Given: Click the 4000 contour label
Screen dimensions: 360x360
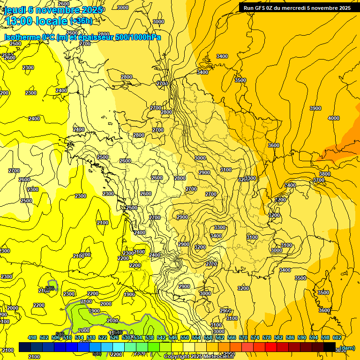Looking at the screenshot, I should [x=333, y=118].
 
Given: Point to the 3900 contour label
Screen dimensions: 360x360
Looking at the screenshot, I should [x=315, y=108].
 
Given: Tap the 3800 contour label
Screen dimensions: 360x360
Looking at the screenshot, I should [x=324, y=174].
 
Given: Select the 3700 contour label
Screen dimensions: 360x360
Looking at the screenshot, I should [x=319, y=180].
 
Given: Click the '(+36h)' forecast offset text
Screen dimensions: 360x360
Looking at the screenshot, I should [x=81, y=21].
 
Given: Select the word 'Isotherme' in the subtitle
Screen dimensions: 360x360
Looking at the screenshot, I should [x=22, y=37].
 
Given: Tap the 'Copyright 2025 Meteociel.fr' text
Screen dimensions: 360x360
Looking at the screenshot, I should [x=199, y=356].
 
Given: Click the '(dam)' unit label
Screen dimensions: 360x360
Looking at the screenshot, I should [x=347, y=347].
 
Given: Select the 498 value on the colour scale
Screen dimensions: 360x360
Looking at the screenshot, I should [x=32, y=337].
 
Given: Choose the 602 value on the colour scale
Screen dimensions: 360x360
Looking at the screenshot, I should [x=337, y=337].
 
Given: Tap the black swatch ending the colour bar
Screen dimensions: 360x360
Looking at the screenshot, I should [x=329, y=347].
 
